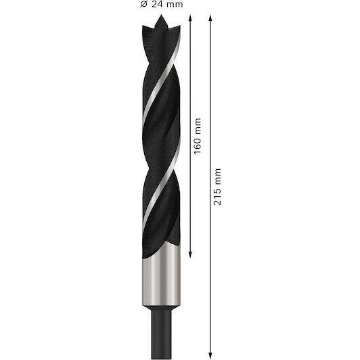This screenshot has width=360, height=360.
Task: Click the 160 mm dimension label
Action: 198,136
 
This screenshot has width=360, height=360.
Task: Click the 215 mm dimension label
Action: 217,187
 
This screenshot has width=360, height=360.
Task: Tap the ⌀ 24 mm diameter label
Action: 162,4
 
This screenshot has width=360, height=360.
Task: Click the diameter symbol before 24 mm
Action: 143,4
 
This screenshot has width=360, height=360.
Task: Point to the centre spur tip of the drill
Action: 161,15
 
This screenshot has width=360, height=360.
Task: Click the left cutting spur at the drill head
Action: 144,28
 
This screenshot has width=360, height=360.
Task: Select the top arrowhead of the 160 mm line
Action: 190,18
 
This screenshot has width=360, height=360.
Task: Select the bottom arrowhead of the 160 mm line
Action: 190,254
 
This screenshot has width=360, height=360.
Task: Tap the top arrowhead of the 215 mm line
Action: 210,18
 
